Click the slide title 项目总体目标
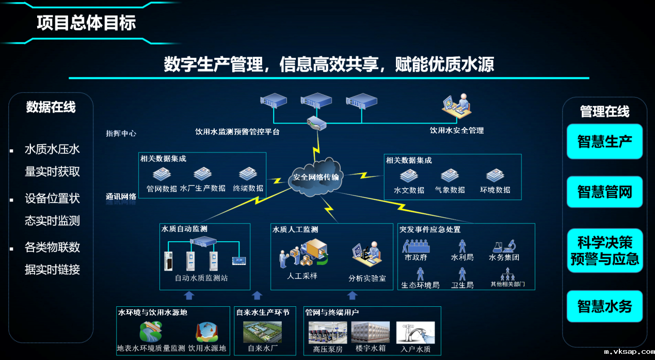tap(86, 23)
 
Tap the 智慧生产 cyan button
tap(604, 142)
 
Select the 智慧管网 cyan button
tap(604, 192)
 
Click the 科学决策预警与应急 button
tap(604, 251)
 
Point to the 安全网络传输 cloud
tap(316, 177)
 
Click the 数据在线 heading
tap(51, 107)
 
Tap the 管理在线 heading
tap(604, 112)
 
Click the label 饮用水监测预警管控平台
tap(237, 132)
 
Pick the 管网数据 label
tap(162, 189)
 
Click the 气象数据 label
tap(450, 190)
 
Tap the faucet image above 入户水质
tap(416, 333)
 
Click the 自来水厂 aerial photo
tap(262, 333)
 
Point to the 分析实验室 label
tap(367, 278)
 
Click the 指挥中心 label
tap(121, 133)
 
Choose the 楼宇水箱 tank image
tap(370, 333)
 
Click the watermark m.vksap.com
tap(629, 352)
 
